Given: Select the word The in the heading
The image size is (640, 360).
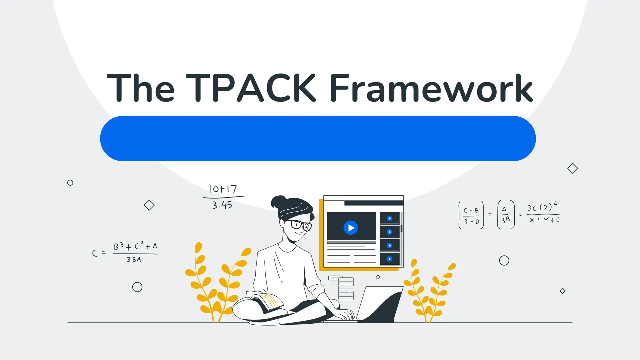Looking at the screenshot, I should (140, 88).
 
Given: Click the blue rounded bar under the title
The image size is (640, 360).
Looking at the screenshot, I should (318, 138).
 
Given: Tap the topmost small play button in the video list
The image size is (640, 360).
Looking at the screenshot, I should (389, 218).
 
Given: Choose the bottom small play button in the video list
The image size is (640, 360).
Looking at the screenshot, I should (389, 259).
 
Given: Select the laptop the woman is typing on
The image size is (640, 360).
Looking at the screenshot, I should (380, 305).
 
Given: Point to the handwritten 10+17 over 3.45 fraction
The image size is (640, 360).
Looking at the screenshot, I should (223, 197).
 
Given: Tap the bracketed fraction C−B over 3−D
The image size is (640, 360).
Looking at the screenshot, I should (471, 215).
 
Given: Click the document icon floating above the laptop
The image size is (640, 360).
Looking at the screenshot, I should (346, 288).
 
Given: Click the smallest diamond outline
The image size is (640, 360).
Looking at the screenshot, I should (562, 291).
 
